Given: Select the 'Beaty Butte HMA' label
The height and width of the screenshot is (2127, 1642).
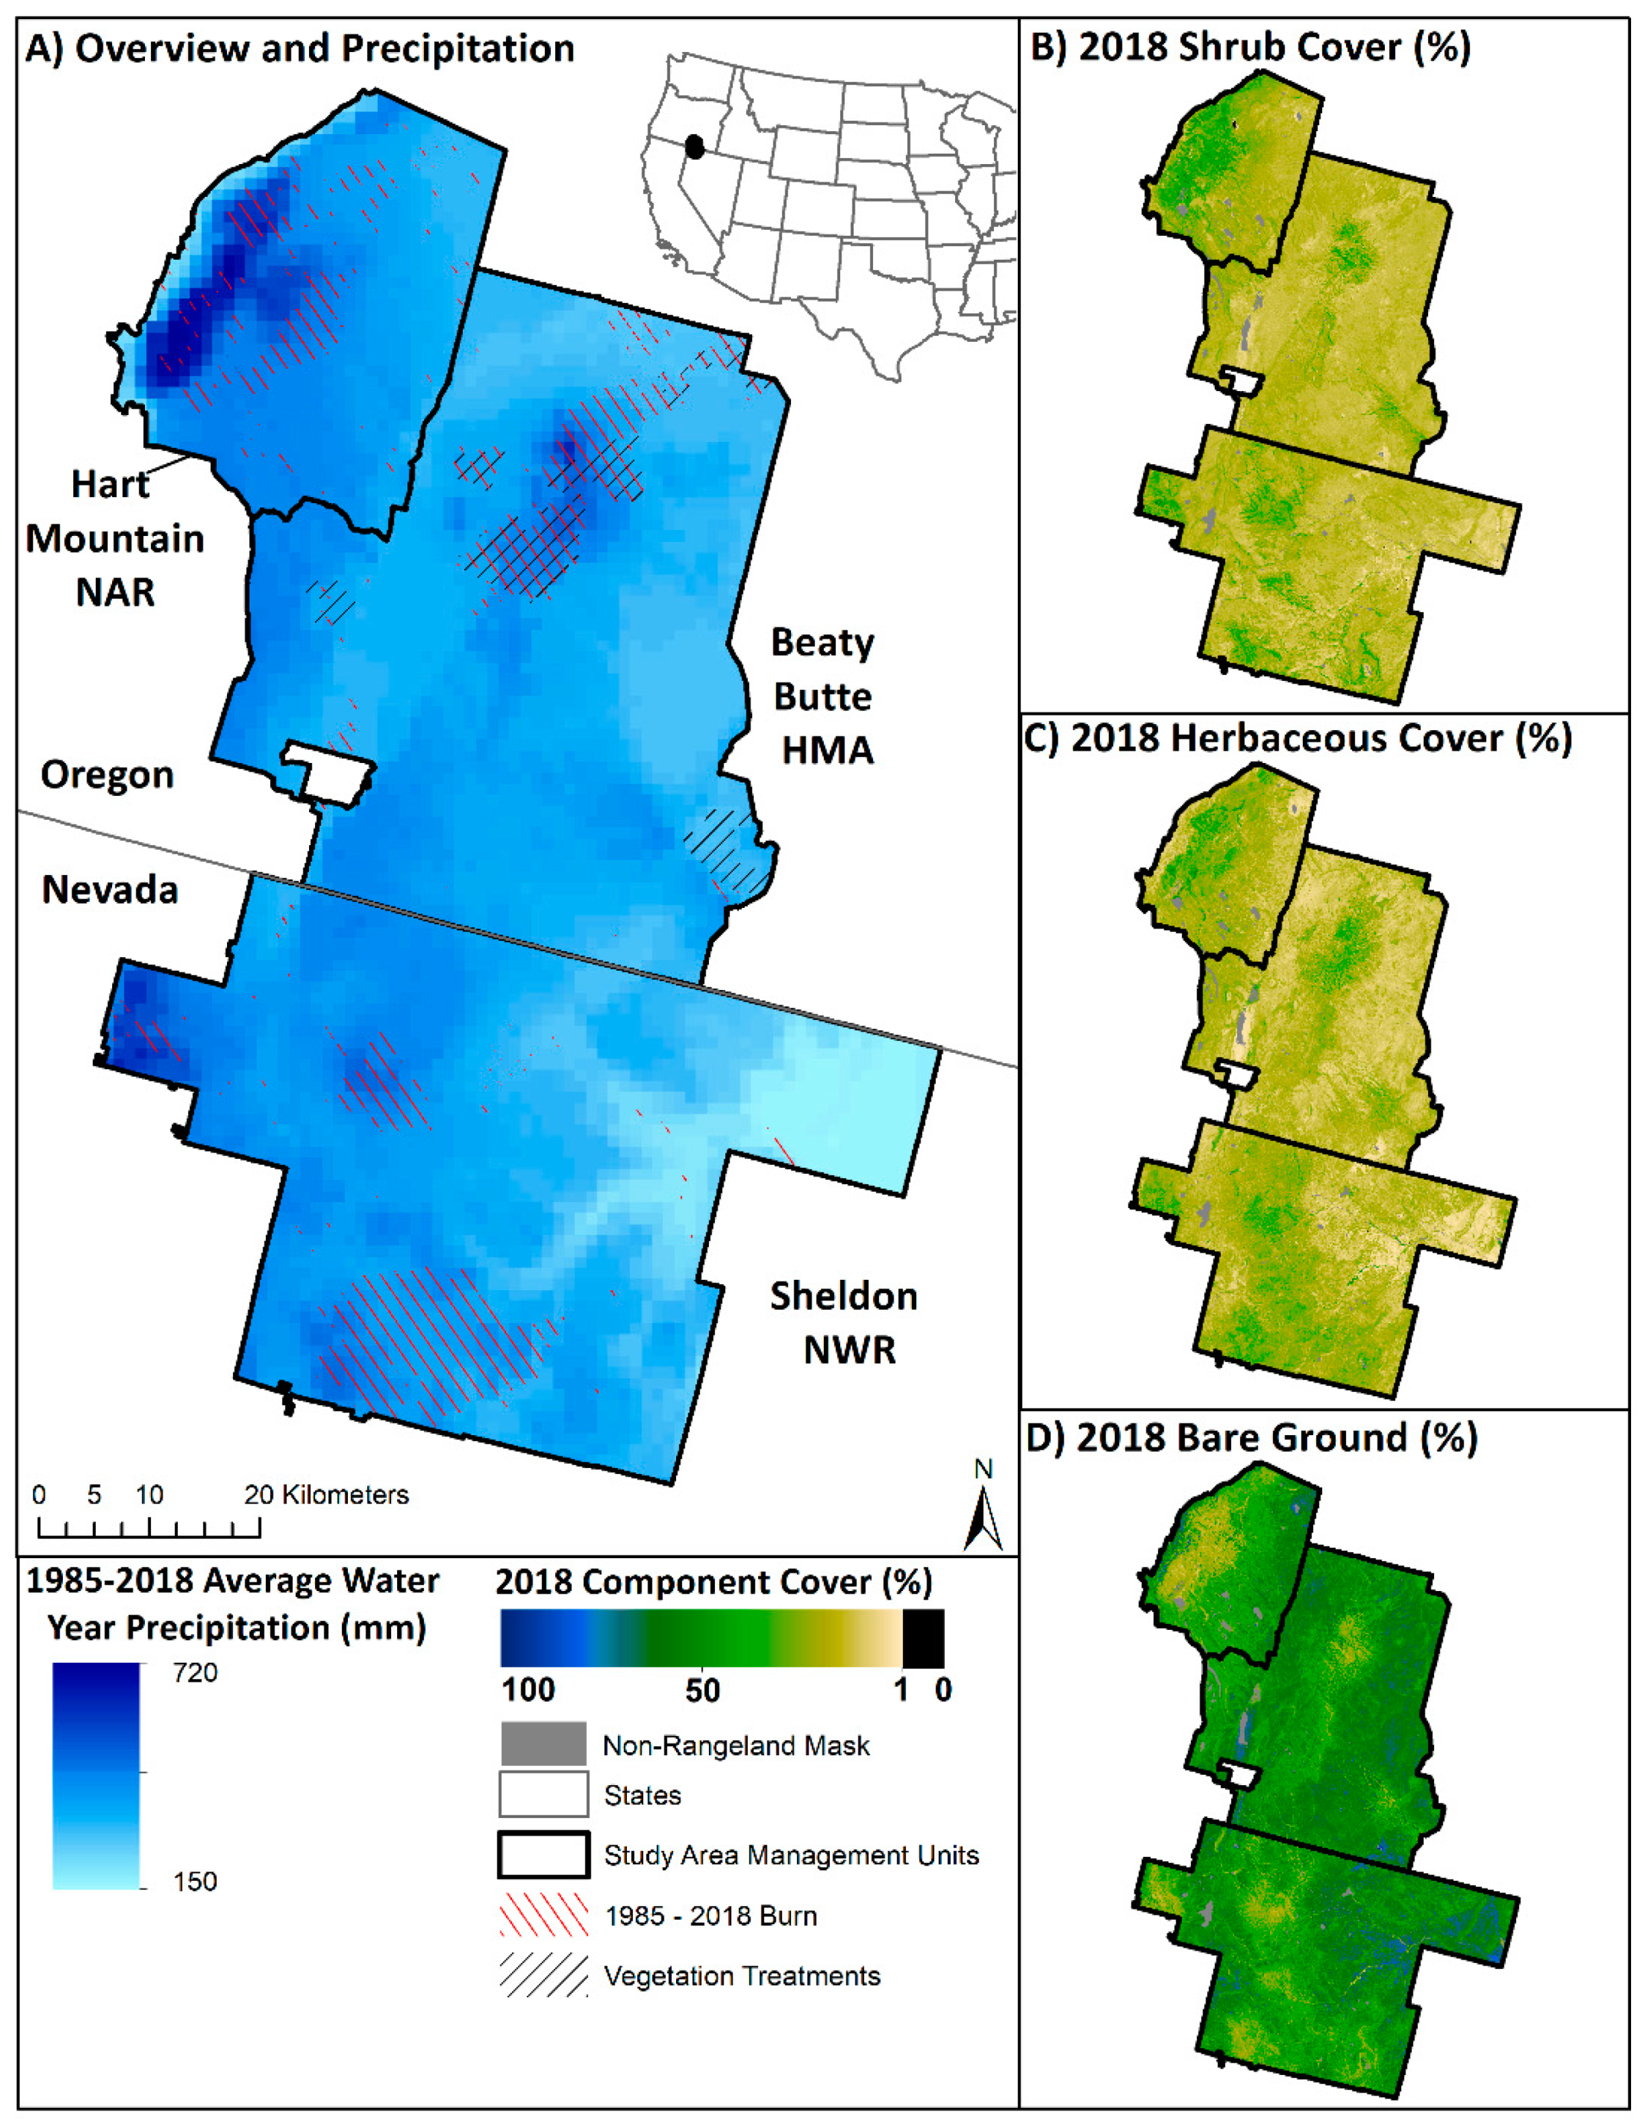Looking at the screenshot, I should coord(823,696).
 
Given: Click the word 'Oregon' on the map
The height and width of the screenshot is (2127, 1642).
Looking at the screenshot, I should coord(107,774).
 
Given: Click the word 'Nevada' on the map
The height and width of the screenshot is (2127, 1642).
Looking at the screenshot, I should coord(110,889).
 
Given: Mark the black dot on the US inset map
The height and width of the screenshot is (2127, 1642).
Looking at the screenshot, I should coord(693,147).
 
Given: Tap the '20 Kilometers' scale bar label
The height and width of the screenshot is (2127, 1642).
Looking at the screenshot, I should coord(326,1495).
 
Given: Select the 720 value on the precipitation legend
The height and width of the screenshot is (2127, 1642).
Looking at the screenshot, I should coord(195,1672).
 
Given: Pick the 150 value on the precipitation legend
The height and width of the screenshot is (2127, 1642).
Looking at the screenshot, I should coord(195,1881).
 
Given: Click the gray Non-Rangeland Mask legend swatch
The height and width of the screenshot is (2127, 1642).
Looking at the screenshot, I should coord(543,1744).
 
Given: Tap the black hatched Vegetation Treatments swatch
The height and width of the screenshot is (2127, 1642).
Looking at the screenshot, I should coord(543,1975).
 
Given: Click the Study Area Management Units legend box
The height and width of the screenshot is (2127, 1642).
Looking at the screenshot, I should coord(543,1854).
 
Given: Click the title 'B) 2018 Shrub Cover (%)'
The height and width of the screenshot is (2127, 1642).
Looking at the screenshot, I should coord(1250,46).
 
